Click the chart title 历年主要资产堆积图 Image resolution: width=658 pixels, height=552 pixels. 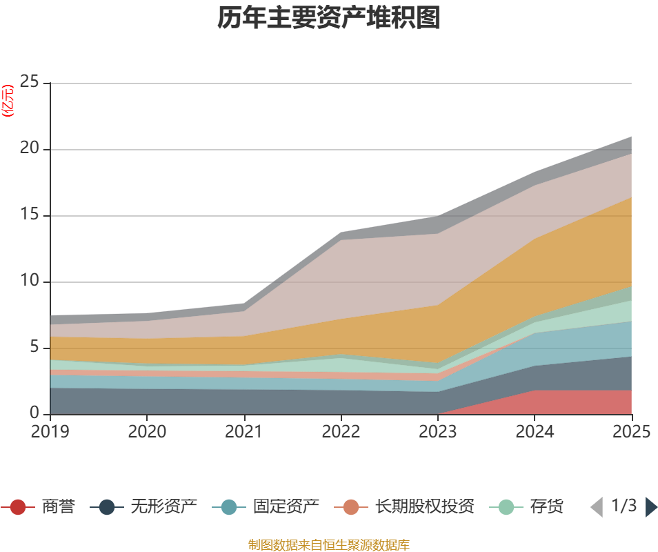tap(329, 19)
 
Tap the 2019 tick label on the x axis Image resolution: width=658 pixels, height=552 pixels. tap(50, 432)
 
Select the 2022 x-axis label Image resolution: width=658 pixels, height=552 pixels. tap(341, 432)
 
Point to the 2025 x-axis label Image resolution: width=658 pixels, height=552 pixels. tap(631, 432)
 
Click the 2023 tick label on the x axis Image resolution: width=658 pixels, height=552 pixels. tap(438, 432)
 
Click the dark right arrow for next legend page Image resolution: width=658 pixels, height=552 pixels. tap(651, 507)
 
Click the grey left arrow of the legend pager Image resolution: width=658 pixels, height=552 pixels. tap(597, 507)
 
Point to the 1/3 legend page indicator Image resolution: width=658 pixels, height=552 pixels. tap(624, 506)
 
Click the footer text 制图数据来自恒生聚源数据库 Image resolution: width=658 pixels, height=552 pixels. tap(329, 545)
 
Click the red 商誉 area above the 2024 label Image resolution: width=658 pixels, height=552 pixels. tap(535, 403)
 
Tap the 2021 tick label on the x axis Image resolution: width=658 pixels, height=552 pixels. tap(243, 432)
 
